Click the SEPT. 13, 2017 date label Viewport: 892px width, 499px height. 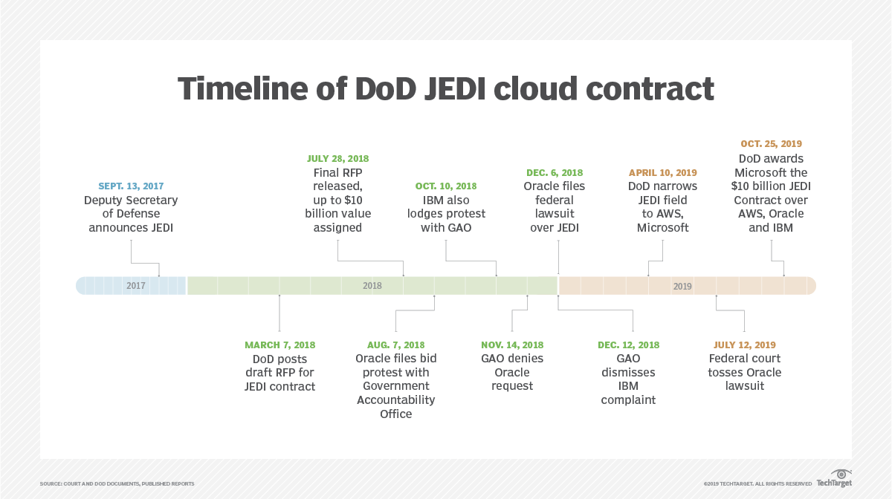click(131, 186)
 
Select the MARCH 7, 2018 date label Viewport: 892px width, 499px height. click(279, 345)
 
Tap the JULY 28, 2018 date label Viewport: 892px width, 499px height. click(337, 159)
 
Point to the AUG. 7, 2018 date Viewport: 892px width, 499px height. click(395, 345)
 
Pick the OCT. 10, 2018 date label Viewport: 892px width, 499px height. click(445, 186)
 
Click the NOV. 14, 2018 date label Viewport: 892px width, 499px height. click(512, 345)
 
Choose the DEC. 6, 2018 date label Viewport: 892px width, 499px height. click(555, 172)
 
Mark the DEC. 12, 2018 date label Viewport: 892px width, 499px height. click(628, 345)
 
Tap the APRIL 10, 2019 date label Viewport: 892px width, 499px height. click(662, 172)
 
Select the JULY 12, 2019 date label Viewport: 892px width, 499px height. click(744, 345)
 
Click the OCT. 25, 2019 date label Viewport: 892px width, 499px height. click(771, 144)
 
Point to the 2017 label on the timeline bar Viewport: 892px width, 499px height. click(136, 286)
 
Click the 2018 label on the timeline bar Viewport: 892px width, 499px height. click(372, 286)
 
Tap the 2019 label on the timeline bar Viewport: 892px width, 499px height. click(682, 286)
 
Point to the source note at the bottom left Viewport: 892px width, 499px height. click(117, 484)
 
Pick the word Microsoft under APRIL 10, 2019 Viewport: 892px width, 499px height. click(662, 228)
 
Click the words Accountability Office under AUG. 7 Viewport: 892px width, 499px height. click(395, 407)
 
